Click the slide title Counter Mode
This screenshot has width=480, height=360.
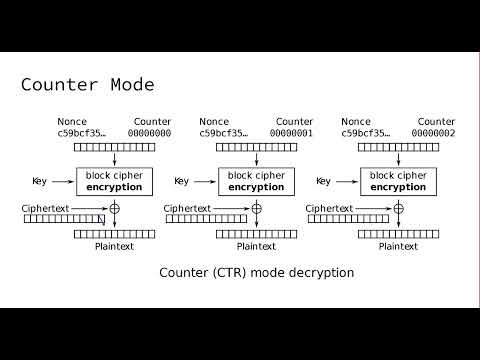[x=87, y=85]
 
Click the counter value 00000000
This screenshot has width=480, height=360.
[x=150, y=132]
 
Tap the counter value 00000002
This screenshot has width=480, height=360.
[x=433, y=132]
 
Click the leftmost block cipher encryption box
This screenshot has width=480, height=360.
[x=114, y=181]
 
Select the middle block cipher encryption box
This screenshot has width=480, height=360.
[x=256, y=181]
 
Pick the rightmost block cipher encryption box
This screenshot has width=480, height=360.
[x=398, y=181]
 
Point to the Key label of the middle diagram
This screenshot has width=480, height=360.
[x=181, y=181]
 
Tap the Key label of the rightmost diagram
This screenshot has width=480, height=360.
[x=323, y=181]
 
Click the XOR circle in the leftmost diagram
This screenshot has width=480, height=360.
[x=114, y=208]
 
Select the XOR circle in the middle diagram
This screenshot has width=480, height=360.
[x=256, y=208]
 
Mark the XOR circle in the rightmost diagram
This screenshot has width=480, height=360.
[x=398, y=208]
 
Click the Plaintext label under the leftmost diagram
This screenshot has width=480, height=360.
[x=114, y=246]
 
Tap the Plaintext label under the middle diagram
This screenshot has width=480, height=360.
[x=256, y=246]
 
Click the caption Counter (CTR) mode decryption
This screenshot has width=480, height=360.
[x=256, y=272]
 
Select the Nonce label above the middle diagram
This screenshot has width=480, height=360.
[x=214, y=121]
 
